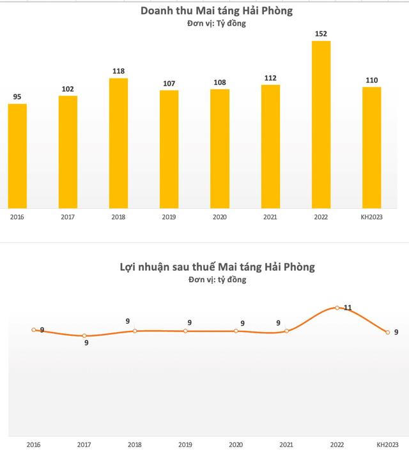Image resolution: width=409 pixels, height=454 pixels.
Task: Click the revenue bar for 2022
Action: [321, 125]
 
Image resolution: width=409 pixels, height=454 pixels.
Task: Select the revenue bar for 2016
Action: [17, 156]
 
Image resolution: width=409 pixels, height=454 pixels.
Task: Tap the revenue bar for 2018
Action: [118, 143]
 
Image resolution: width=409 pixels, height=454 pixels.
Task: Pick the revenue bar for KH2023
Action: [371, 148]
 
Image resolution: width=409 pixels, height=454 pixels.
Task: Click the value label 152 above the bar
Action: [321, 34]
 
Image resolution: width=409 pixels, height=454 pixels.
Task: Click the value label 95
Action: [17, 97]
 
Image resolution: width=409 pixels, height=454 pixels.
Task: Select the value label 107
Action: [169, 83]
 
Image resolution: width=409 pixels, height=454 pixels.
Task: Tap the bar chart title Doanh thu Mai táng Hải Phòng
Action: [217, 11]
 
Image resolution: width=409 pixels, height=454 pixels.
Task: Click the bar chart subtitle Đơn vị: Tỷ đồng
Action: [217, 24]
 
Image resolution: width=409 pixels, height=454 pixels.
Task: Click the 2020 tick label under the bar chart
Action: [219, 217]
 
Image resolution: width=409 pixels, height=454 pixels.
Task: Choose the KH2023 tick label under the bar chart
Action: [371, 217]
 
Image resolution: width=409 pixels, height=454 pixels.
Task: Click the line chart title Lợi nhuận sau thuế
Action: [217, 266]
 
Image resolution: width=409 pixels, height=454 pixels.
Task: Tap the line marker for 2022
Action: [337, 308]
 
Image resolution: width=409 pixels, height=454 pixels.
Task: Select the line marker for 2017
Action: [84, 336]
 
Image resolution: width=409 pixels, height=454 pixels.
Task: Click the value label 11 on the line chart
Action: [348, 308]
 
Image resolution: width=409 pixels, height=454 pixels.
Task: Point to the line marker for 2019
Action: [185, 331]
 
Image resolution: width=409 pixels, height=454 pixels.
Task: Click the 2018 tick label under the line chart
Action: [134, 444]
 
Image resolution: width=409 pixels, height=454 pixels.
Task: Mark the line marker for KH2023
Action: [387, 332]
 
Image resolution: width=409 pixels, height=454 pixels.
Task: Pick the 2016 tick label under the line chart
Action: [33, 444]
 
